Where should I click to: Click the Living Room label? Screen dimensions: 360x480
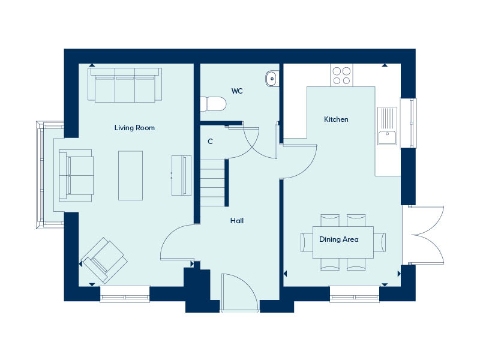coord(135,128)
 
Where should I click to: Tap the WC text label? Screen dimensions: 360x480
coord(237,91)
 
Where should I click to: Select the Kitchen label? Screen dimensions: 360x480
coord(336,119)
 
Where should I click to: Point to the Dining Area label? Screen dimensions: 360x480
coord(339,239)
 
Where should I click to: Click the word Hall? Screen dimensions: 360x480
coord(237,221)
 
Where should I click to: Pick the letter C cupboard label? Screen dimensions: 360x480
coord(210,142)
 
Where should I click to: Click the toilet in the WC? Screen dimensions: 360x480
coord(215,104)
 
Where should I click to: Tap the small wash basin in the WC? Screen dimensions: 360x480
coord(272,78)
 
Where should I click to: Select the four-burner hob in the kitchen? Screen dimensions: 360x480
coord(341,75)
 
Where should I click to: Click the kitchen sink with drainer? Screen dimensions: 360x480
coord(388,126)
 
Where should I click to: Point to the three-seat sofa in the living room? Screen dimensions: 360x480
coord(125,85)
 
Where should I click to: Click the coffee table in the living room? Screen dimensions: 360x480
coord(131,175)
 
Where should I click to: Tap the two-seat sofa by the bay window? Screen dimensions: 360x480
coord(76,175)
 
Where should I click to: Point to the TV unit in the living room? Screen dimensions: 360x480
coord(181,175)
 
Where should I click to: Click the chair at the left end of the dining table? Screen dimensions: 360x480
coord(304,241)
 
